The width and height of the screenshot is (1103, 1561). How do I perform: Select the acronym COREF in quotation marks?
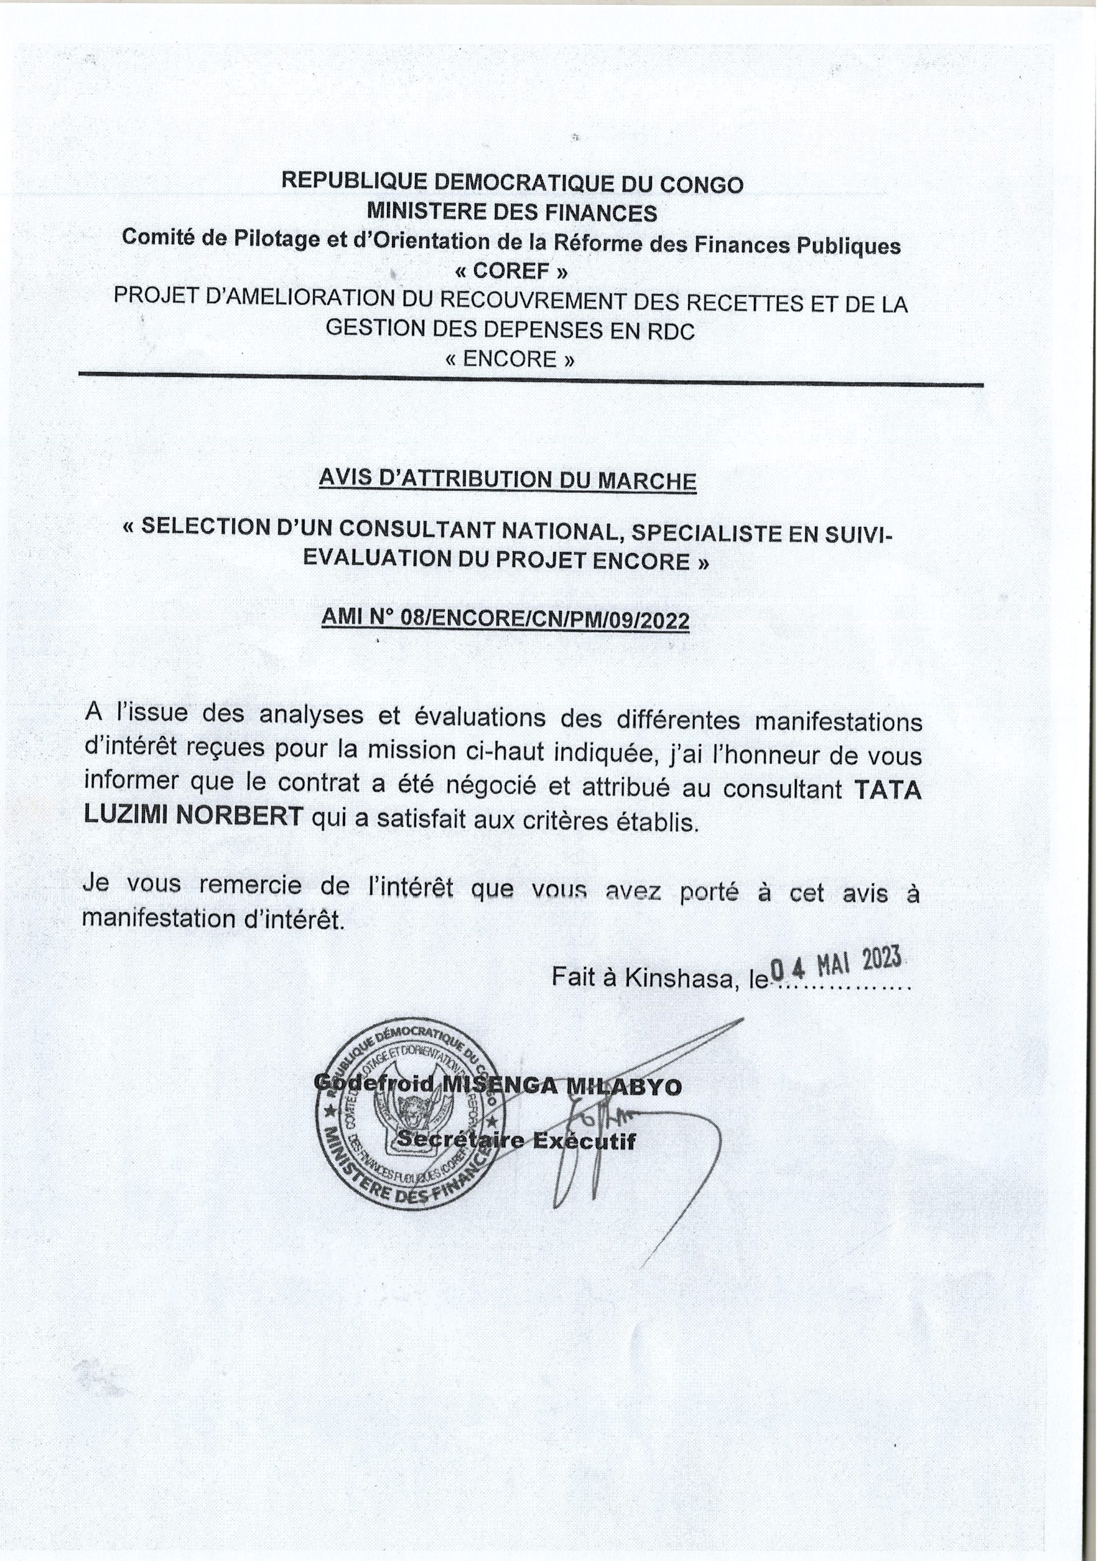click(512, 271)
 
